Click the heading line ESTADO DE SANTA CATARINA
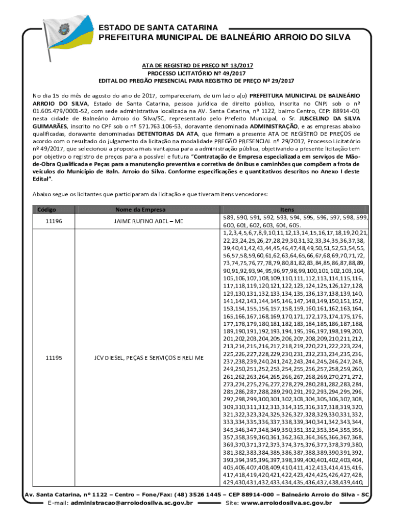click(x=158, y=27)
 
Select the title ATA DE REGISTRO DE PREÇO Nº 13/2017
click(x=196, y=66)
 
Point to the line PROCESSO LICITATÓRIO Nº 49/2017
click(x=196, y=73)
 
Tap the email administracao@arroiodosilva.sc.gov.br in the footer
click(x=131, y=503)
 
